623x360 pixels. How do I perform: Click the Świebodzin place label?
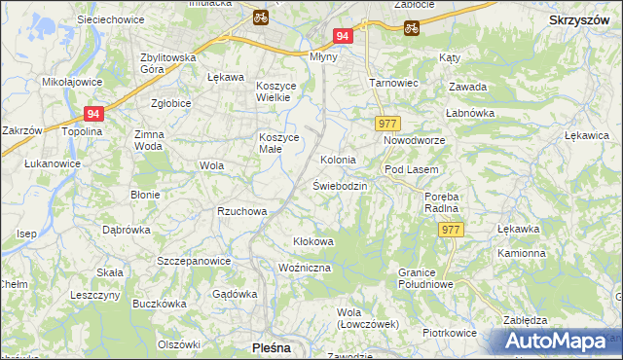click(x=340, y=185)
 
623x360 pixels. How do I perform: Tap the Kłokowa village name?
click(x=313, y=241)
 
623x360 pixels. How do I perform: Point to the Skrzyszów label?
click(x=580, y=18)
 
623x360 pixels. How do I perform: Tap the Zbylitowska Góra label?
click(x=167, y=63)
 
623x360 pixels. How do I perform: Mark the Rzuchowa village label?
click(x=241, y=210)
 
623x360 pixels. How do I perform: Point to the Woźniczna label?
click(x=305, y=267)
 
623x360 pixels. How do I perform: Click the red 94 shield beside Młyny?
click(x=342, y=36)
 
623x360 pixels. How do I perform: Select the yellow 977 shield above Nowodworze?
click(x=387, y=123)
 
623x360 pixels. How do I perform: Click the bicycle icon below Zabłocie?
click(x=411, y=27)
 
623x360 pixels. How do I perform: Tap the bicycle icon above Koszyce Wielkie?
click(x=260, y=17)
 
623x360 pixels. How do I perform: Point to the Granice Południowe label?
click(x=426, y=277)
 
